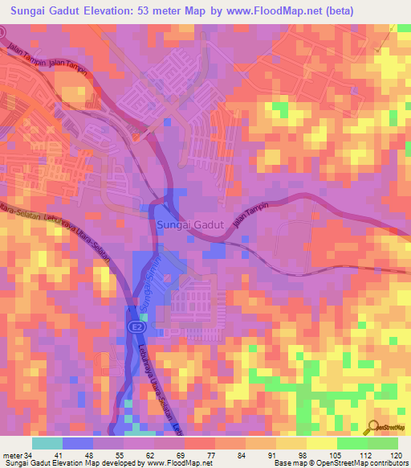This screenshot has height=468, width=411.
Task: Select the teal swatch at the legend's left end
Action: (47, 443)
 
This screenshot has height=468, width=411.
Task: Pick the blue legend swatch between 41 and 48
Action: (78, 443)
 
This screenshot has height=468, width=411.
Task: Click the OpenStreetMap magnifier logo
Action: (373, 427)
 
